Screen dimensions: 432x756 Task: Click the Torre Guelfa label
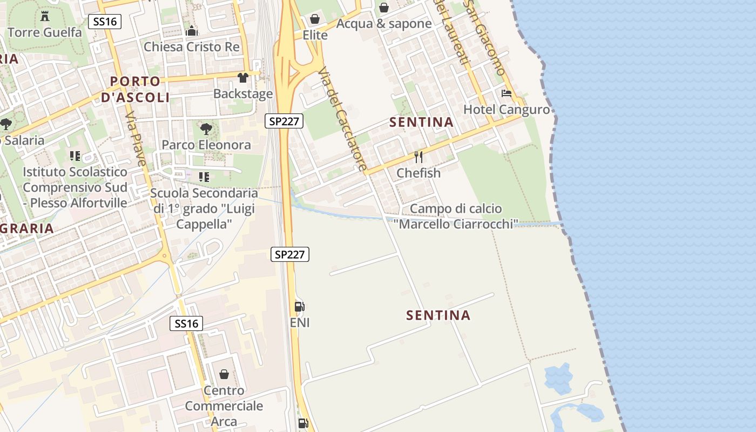click(x=45, y=32)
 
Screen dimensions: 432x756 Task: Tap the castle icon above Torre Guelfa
click(x=45, y=15)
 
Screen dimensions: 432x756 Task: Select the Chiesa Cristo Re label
click(x=192, y=47)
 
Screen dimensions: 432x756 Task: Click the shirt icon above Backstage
click(x=243, y=78)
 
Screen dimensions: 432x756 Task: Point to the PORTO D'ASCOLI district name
click(x=135, y=90)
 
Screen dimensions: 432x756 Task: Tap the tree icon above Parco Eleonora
click(x=206, y=129)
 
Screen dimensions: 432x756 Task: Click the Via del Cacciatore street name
click(x=342, y=119)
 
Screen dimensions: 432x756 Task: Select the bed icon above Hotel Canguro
click(x=507, y=93)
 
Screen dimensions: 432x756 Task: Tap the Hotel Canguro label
click(x=507, y=110)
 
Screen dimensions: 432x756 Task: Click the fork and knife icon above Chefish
click(x=418, y=157)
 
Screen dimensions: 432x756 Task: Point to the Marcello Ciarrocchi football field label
click(x=456, y=216)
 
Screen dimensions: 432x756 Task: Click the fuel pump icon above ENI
click(x=299, y=307)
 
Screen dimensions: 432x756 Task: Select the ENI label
click(x=300, y=323)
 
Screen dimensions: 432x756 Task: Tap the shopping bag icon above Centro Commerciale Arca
click(x=224, y=374)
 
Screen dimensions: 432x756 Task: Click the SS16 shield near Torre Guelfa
click(x=105, y=22)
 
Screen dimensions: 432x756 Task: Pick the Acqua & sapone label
click(x=384, y=24)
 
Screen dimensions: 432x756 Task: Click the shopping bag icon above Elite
click(x=315, y=19)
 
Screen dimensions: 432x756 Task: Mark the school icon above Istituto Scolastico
click(x=75, y=156)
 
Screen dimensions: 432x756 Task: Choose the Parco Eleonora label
click(x=206, y=145)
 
